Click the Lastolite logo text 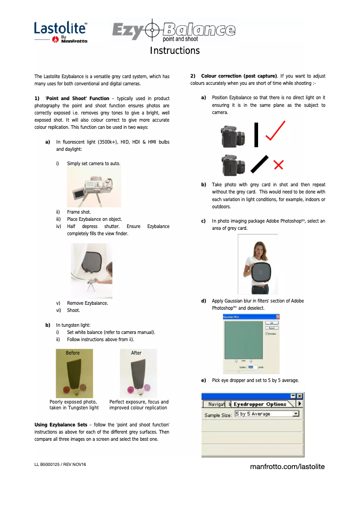60,28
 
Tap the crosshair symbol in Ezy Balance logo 153,30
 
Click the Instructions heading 175,50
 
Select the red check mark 274,132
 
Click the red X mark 278,166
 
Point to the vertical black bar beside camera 256,135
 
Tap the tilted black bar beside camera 259,164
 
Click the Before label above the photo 73,353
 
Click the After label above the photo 136,353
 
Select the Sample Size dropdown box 267,414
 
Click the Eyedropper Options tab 260,404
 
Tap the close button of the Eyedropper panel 300,395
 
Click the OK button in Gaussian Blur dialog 271,323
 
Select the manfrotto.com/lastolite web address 287,467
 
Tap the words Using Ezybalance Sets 61,425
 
